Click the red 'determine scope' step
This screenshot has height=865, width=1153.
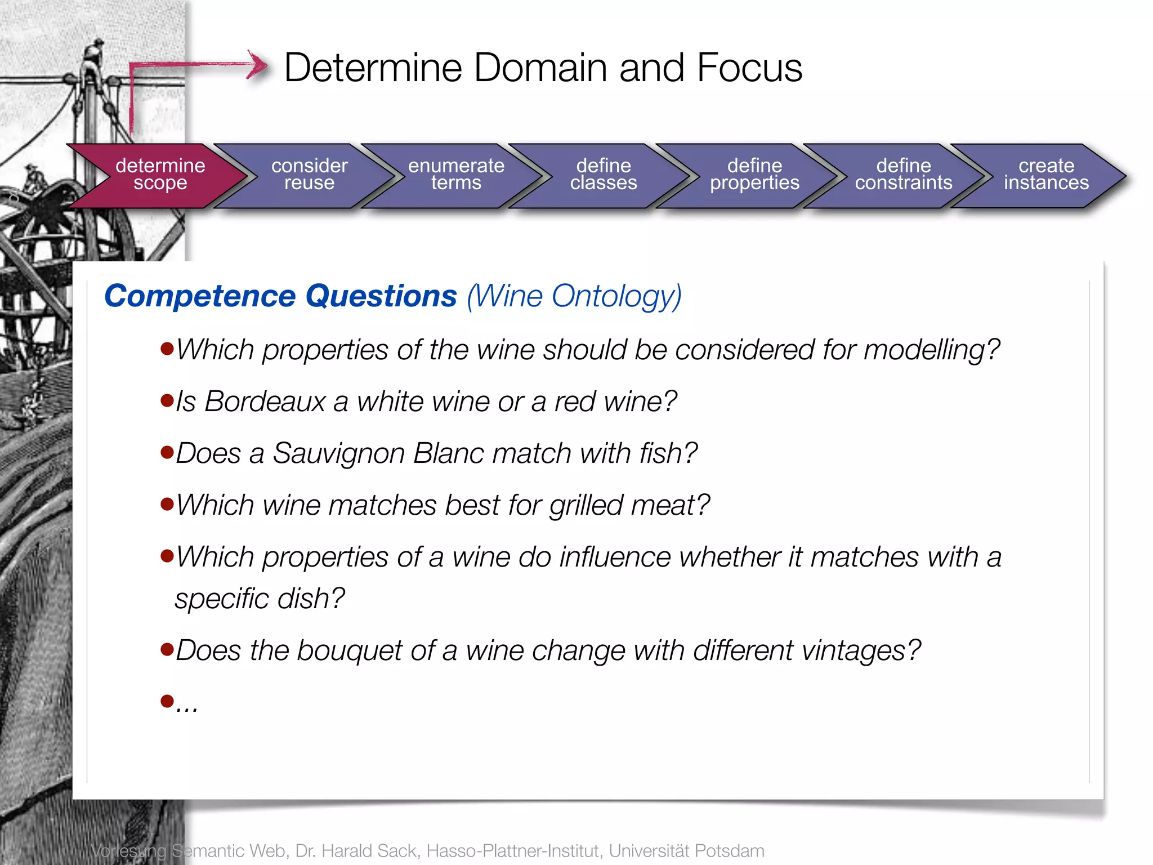tap(160, 175)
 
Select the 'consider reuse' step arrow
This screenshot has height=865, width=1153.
tap(309, 175)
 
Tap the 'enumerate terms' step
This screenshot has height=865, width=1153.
tap(456, 175)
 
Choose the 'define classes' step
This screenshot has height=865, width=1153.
tap(604, 175)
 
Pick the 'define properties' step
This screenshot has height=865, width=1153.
tap(754, 175)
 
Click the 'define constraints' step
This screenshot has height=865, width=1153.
tap(904, 175)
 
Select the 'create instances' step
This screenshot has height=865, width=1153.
tap(1046, 175)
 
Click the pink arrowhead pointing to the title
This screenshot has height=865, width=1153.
tap(258, 65)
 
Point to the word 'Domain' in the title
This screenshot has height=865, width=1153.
tap(541, 68)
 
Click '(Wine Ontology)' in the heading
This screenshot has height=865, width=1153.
tap(574, 296)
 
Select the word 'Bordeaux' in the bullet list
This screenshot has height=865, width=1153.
tap(265, 402)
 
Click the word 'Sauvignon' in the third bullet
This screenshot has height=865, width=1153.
tap(338, 454)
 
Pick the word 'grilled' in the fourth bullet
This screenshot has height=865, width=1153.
tap(586, 506)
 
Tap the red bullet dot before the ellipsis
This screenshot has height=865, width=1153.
tap(167, 701)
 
